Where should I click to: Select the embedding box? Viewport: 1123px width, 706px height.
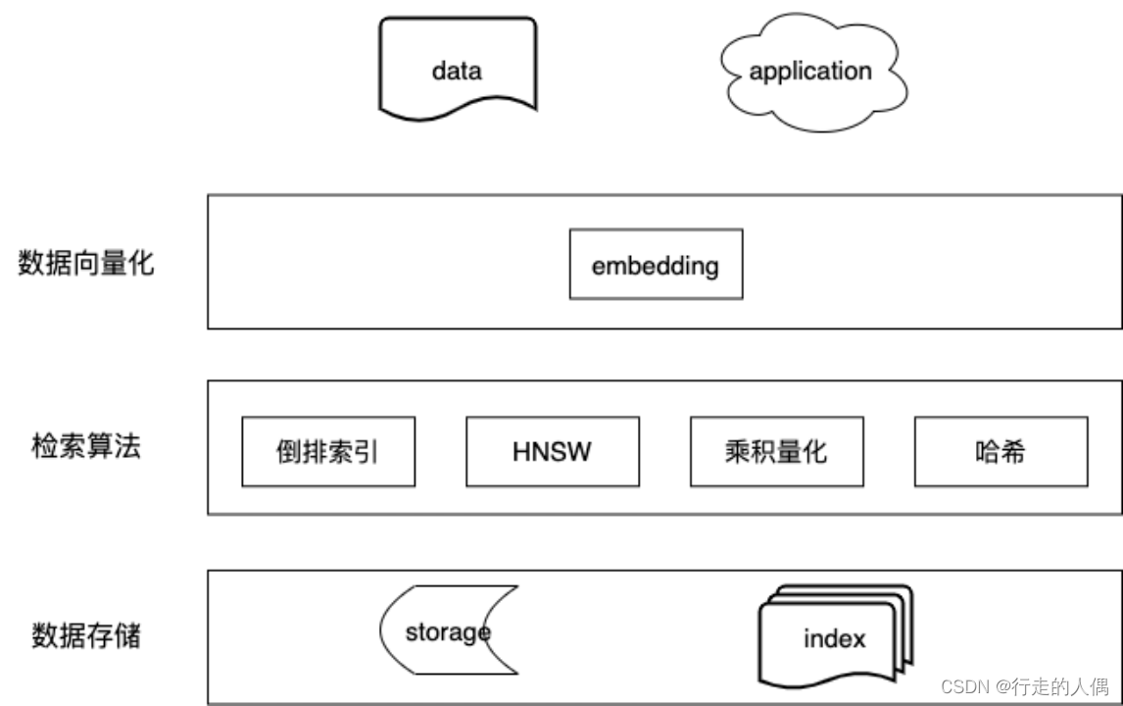(656, 265)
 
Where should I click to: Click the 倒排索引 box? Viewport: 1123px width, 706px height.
(328, 452)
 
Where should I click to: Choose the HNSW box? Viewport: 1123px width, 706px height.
(553, 452)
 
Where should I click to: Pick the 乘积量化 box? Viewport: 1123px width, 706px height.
(776, 452)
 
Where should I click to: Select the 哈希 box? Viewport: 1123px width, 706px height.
(1001, 452)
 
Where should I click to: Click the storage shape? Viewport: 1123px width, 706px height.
(447, 632)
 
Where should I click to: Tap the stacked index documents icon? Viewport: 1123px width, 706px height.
(834, 638)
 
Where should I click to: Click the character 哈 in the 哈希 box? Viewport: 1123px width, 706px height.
(988, 452)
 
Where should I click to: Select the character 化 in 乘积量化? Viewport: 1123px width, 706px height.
(815, 452)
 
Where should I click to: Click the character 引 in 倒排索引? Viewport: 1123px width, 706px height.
(366, 452)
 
